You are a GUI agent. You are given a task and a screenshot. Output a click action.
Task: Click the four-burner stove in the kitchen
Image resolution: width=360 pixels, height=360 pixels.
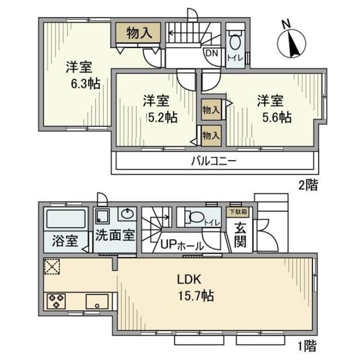coord(54,301)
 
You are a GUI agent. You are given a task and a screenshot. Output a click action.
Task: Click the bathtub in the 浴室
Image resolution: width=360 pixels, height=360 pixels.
coord(66,219)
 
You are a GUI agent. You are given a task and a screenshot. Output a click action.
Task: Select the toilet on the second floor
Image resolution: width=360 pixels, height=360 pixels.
coord(234,39)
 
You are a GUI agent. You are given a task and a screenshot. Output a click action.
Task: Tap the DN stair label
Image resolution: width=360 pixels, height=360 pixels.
coord(209,51)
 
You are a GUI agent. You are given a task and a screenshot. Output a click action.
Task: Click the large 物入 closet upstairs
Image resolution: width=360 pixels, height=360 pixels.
coord(139,33)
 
